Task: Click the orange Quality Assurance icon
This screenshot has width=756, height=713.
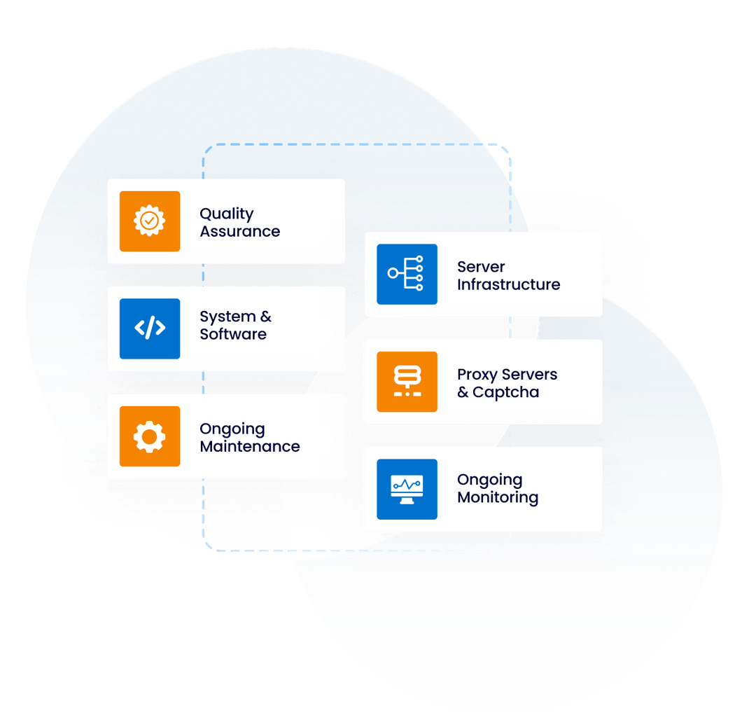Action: pyautogui.click(x=149, y=221)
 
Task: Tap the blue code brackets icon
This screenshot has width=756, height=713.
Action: pyautogui.click(x=149, y=328)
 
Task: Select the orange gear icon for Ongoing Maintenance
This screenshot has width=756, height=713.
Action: pyautogui.click(x=149, y=436)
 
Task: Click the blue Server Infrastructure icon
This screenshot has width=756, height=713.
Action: pyautogui.click(x=407, y=275)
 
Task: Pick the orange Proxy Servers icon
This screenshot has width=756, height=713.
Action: pyautogui.click(x=407, y=382)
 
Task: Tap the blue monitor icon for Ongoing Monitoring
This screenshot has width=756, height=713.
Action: pyautogui.click(x=407, y=489)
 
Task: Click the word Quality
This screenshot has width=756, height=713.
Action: pyautogui.click(x=226, y=214)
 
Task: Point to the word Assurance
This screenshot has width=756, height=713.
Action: pyautogui.click(x=239, y=232)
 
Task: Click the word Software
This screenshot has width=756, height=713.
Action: pyautogui.click(x=233, y=334)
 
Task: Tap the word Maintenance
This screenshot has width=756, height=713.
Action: pyautogui.click(x=249, y=447)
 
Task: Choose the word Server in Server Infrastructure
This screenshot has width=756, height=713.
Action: pyautogui.click(x=481, y=267)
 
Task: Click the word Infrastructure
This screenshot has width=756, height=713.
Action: pyautogui.click(x=508, y=284)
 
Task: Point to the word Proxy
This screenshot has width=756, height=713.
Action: pyautogui.click(x=477, y=375)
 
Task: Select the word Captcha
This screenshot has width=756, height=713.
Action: pyautogui.click(x=505, y=392)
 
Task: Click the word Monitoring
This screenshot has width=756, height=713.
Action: pyautogui.click(x=497, y=498)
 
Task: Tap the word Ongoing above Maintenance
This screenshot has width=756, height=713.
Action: pyautogui.click(x=232, y=429)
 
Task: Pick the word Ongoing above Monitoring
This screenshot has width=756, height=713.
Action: pyautogui.click(x=489, y=480)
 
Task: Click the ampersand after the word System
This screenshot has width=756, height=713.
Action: pyautogui.click(x=265, y=317)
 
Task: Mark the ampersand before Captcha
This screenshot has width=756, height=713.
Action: pyautogui.click(x=463, y=392)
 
